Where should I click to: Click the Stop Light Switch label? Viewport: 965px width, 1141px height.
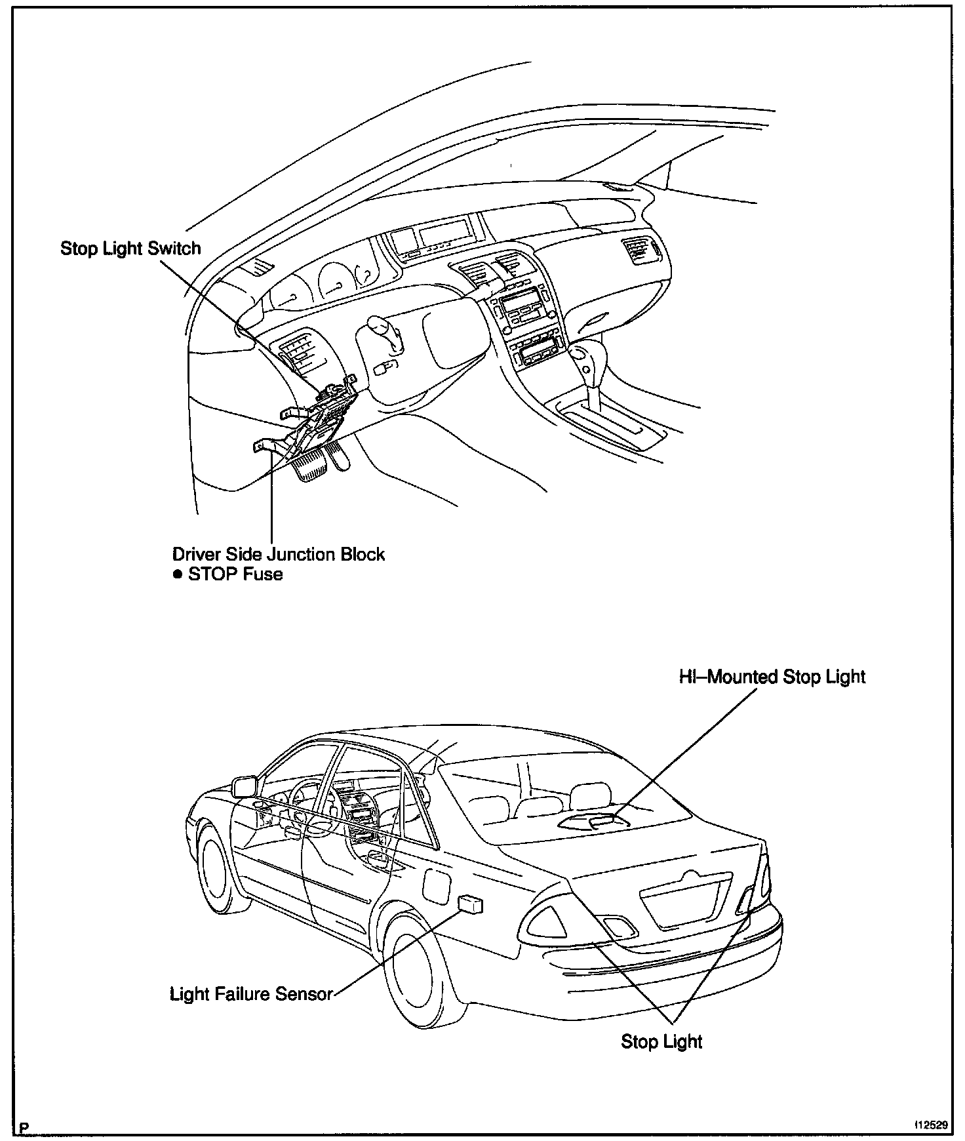[x=130, y=249]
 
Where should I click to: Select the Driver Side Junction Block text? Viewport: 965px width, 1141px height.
[x=279, y=553]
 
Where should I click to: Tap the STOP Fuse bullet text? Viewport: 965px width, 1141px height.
[x=235, y=574]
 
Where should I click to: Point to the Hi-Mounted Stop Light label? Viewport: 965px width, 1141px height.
[x=772, y=677]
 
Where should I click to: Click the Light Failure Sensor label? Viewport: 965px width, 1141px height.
[x=252, y=994]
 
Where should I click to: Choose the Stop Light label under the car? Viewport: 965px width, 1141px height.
[x=661, y=1041]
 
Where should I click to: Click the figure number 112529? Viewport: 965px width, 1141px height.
[x=932, y=1125]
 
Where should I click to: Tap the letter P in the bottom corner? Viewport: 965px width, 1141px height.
[x=25, y=1127]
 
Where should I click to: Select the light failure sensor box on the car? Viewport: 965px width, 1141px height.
[x=471, y=904]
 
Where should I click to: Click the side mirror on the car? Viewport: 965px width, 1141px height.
[x=244, y=786]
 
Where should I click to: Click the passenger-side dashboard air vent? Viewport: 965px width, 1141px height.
[x=640, y=251]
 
